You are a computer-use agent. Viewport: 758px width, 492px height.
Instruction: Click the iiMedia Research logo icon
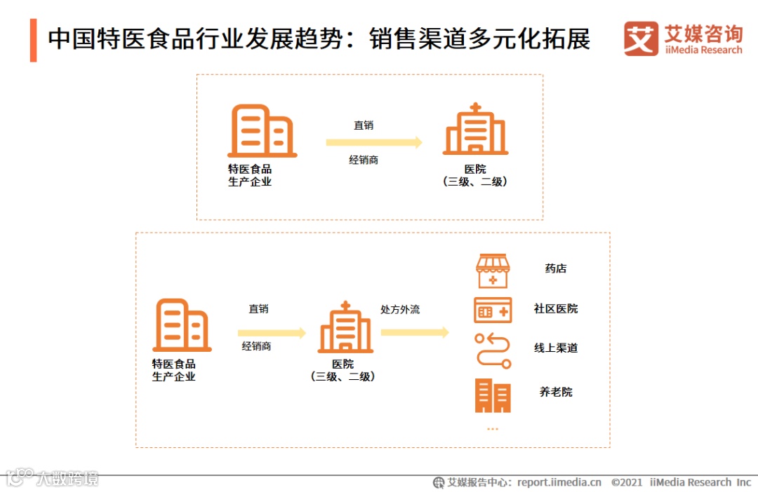click(641, 39)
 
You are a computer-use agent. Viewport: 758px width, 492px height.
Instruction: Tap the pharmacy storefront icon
click(493, 271)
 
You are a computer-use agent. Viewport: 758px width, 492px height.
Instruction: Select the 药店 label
click(555, 268)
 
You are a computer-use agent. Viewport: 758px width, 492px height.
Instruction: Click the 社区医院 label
click(555, 308)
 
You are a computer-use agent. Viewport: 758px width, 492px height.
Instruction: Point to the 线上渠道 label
click(555, 348)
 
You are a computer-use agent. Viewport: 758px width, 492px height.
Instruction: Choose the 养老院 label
click(555, 392)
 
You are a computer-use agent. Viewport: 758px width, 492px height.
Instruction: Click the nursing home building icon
click(493, 395)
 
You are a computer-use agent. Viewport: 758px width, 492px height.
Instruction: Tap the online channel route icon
click(493, 350)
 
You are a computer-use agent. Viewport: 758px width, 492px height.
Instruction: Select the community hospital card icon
click(493, 310)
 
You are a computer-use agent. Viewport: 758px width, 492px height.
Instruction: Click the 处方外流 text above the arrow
click(400, 309)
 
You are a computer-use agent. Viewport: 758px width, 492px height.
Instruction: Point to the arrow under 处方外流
click(414, 332)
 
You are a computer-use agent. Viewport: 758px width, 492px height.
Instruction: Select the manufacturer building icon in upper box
click(262, 131)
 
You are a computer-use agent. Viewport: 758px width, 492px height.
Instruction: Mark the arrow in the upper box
click(374, 142)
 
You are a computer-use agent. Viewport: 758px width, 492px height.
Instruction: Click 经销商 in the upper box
click(364, 160)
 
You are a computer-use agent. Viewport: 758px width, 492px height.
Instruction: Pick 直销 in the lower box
click(258, 308)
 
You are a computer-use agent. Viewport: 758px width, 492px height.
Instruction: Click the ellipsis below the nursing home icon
click(492, 428)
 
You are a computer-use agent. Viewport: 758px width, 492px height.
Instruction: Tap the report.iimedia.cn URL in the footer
click(559, 482)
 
